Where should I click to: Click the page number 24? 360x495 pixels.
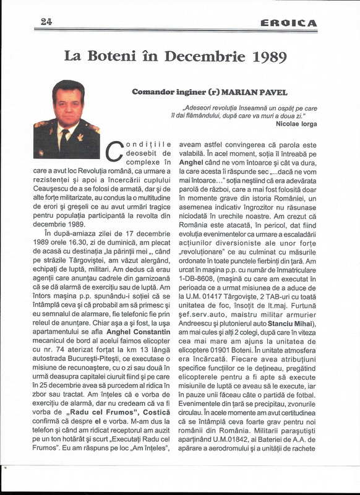coord(46,22)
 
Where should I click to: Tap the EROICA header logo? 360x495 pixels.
coord(288,23)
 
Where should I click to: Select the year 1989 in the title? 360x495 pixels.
coord(269,57)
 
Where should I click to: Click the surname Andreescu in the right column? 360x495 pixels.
coord(199,324)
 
